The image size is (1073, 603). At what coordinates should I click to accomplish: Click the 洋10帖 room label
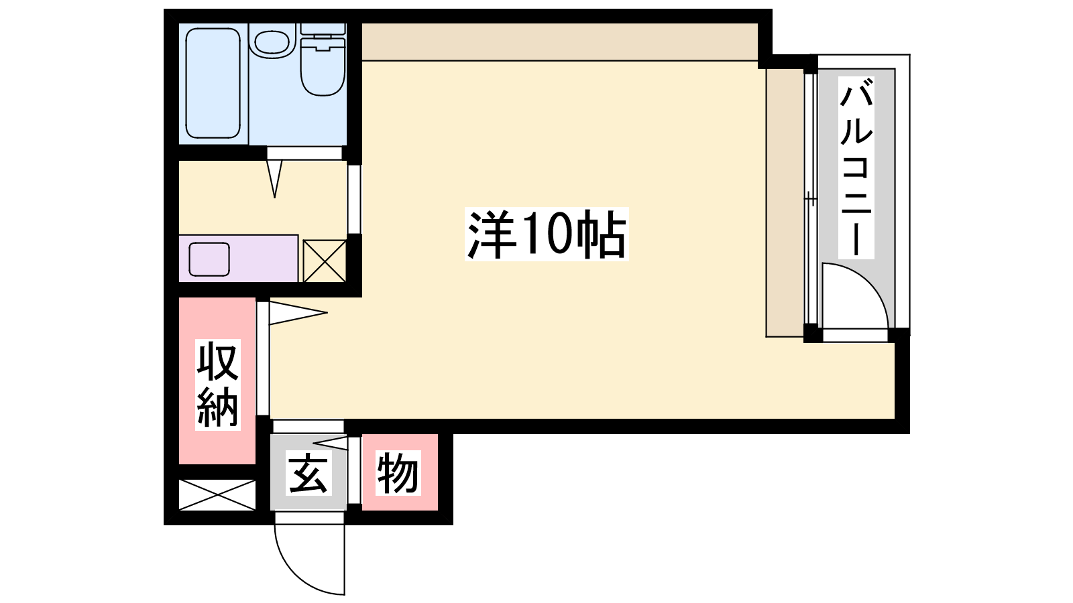547,234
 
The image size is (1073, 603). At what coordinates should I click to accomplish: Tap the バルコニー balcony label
856,167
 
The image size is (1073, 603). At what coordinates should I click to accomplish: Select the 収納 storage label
217,385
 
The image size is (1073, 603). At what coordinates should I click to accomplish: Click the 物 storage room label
398,473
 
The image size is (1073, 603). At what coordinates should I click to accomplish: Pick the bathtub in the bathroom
213,84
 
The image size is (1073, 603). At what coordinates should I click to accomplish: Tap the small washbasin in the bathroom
272,42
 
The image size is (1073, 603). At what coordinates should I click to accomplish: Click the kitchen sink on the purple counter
209,259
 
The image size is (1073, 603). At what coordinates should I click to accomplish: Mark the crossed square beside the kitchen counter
325,261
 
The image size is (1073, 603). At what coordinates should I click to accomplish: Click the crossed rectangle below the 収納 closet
217,494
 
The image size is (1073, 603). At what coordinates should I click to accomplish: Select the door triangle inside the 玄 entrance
331,443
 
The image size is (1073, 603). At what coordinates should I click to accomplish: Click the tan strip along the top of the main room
559,42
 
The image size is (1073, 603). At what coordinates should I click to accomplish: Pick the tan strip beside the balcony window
785,203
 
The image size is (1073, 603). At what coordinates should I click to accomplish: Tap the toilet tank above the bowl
323,29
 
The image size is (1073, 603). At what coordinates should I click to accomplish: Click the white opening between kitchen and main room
354,200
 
